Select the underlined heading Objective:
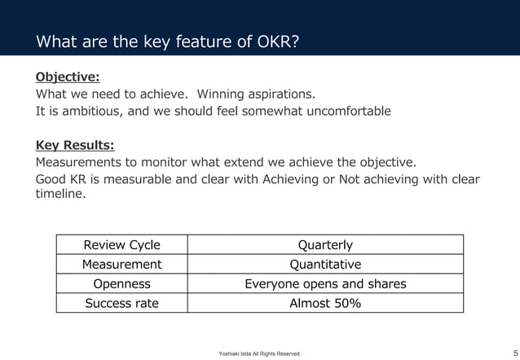coord(67,77)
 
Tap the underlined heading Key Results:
coord(74,146)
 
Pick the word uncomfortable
coord(348,111)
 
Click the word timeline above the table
coord(59,195)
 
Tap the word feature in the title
coord(182,42)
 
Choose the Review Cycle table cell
coord(122,244)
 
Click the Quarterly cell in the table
coord(325,244)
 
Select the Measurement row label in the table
coord(122,264)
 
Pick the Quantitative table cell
coord(325,264)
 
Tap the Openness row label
coord(122,283)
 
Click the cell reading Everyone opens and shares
coord(325,283)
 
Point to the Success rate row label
coord(122,303)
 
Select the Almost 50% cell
coord(325,303)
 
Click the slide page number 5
coord(505,352)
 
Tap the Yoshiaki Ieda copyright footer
coord(259,353)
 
